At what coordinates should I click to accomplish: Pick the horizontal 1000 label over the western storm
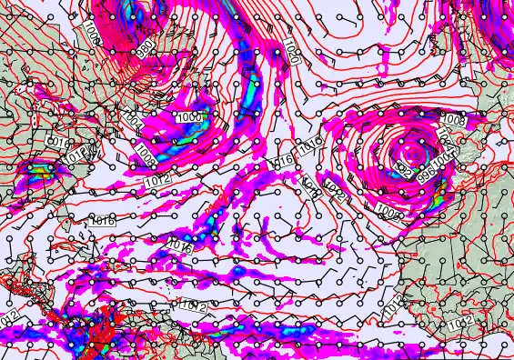[x=189, y=116]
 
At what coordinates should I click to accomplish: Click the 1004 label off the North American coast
[x=131, y=121]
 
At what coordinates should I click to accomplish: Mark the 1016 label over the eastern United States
[x=55, y=144]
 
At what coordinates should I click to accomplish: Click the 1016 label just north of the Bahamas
[x=102, y=221]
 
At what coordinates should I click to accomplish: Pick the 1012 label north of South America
[x=192, y=305]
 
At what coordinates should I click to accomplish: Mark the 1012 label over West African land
[x=460, y=323]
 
